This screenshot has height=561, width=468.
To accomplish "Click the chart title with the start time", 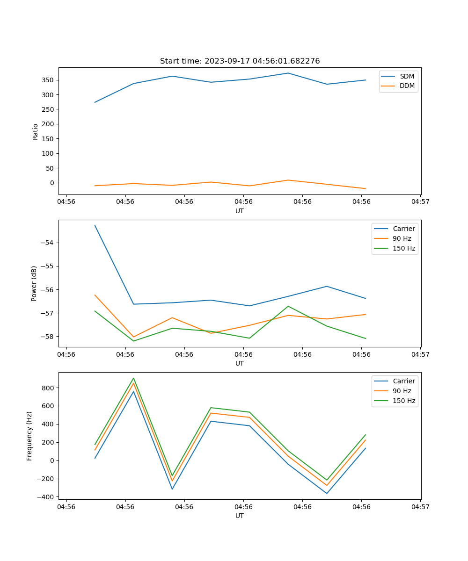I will [x=240, y=61].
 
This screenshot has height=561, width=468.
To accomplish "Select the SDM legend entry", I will [x=407, y=76].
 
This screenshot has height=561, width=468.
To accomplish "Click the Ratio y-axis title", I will [x=36, y=131].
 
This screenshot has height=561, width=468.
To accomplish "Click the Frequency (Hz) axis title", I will [x=29, y=436].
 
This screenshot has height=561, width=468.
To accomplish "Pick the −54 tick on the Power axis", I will [x=49, y=243].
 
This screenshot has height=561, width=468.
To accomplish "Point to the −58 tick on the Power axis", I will [x=49, y=336].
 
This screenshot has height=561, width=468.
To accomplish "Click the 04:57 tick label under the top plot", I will [x=420, y=202].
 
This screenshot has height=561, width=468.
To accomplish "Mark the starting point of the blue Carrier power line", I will [x=95, y=226].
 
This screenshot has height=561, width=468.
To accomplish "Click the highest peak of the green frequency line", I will [x=133, y=378].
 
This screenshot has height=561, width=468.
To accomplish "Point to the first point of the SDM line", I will [x=95, y=102].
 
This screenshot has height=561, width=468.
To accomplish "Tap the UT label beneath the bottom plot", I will [x=240, y=516].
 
